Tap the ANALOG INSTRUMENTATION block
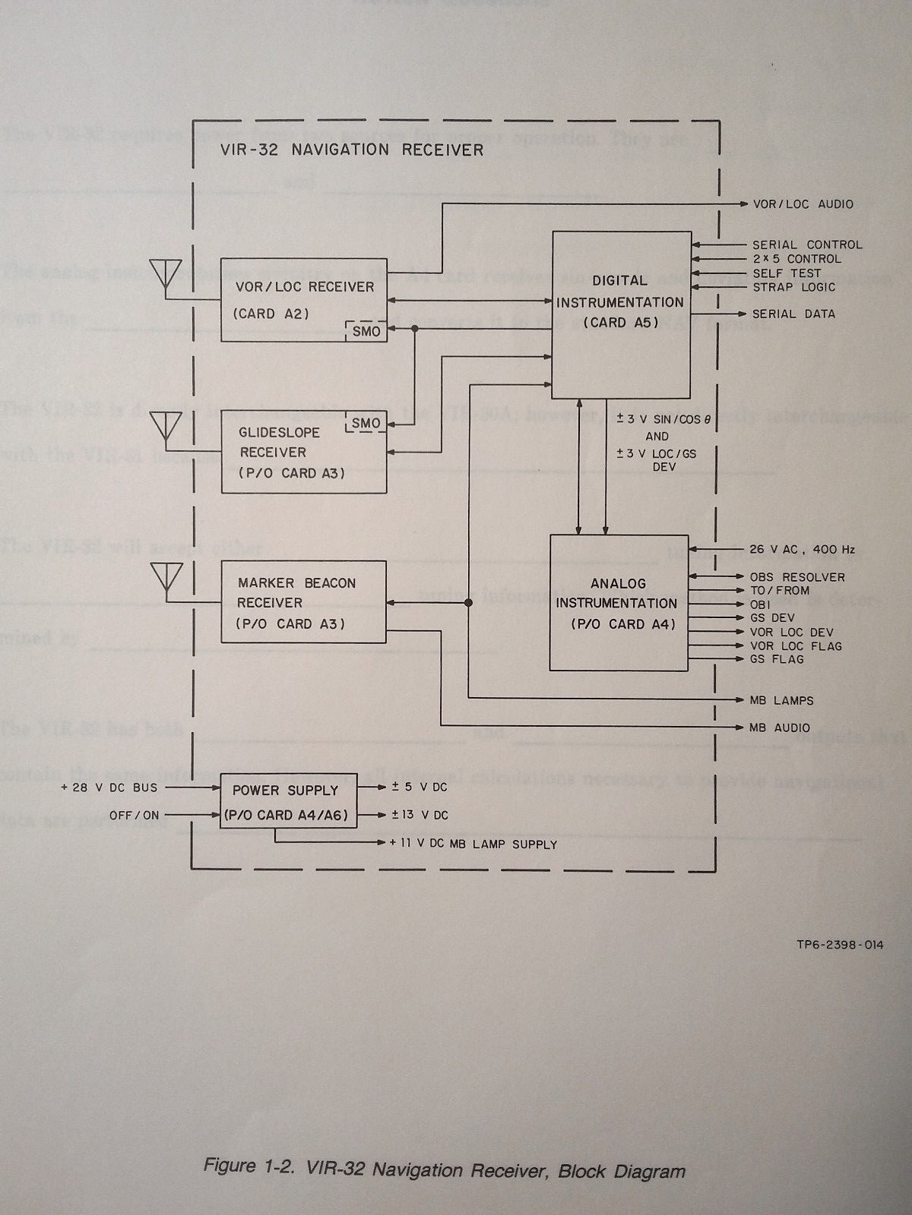[618, 602]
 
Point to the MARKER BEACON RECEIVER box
[302, 602]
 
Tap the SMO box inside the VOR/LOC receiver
[366, 331]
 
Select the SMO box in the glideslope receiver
[366, 423]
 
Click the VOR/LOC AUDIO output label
[802, 204]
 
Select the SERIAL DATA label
[793, 314]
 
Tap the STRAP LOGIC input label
[793, 287]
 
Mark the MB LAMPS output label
[781, 700]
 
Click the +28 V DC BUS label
[109, 787]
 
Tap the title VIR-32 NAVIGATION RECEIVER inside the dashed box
[352, 150]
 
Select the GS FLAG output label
[776, 659]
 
